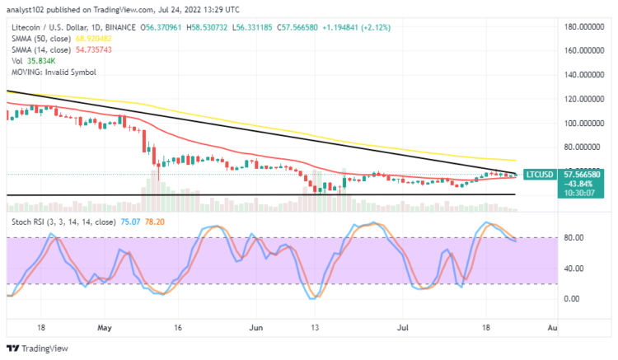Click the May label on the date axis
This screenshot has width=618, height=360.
click(103, 327)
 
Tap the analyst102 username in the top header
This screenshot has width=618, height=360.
click(27, 9)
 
